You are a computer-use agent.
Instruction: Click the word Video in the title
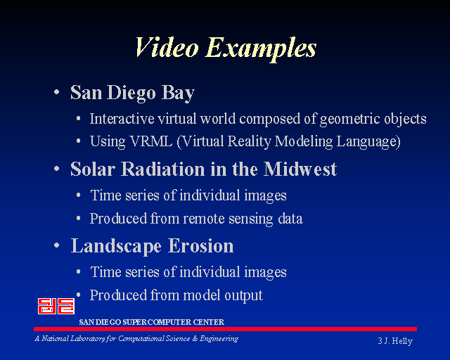167,47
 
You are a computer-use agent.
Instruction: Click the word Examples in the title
261,49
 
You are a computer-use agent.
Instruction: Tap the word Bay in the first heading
178,94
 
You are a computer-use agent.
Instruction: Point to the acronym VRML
151,141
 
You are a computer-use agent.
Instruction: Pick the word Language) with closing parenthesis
368,142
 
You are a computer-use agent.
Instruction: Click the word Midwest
300,169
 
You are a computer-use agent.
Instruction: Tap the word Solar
93,169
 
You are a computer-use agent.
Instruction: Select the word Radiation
163,169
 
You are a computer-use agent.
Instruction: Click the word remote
204,219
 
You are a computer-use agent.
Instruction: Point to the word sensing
251,219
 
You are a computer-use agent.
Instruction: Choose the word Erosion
200,246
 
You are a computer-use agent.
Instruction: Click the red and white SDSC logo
56,306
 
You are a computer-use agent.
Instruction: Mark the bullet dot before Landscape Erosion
56,245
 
